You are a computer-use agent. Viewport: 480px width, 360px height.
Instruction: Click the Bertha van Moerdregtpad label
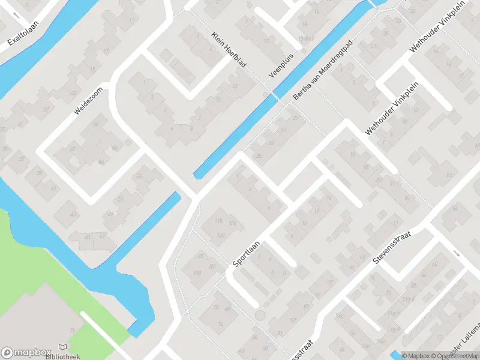pos(321,71)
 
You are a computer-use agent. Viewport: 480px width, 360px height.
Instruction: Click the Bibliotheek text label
pos(62,356)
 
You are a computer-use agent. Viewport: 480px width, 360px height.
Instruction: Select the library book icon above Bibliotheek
pos(62,347)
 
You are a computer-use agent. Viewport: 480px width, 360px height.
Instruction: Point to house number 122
pos(221,235)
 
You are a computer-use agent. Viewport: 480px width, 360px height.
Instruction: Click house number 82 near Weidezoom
pos(74,148)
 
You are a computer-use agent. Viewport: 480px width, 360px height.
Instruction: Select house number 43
pos(74,214)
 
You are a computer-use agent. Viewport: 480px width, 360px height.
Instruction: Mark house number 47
pos(101,238)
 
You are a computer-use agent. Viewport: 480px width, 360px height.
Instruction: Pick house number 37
pos(22,158)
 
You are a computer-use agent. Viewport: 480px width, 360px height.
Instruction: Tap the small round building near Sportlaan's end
pos(260,314)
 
